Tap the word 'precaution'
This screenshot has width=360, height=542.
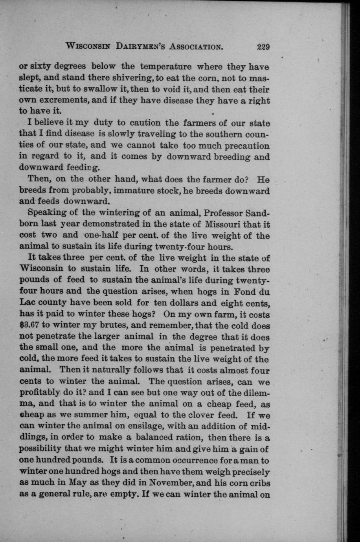[247, 145]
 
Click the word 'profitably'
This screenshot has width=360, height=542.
[39, 393]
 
